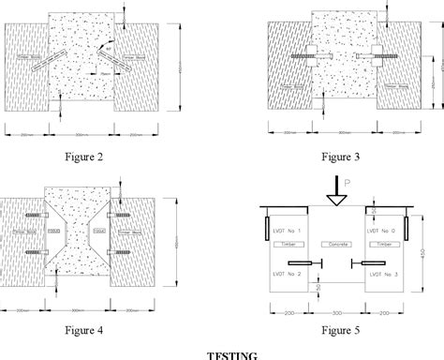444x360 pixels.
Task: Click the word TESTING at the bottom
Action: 222,353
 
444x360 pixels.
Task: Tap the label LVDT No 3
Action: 383,274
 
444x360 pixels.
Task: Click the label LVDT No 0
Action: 383,230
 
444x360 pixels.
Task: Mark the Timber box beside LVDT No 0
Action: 382,243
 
